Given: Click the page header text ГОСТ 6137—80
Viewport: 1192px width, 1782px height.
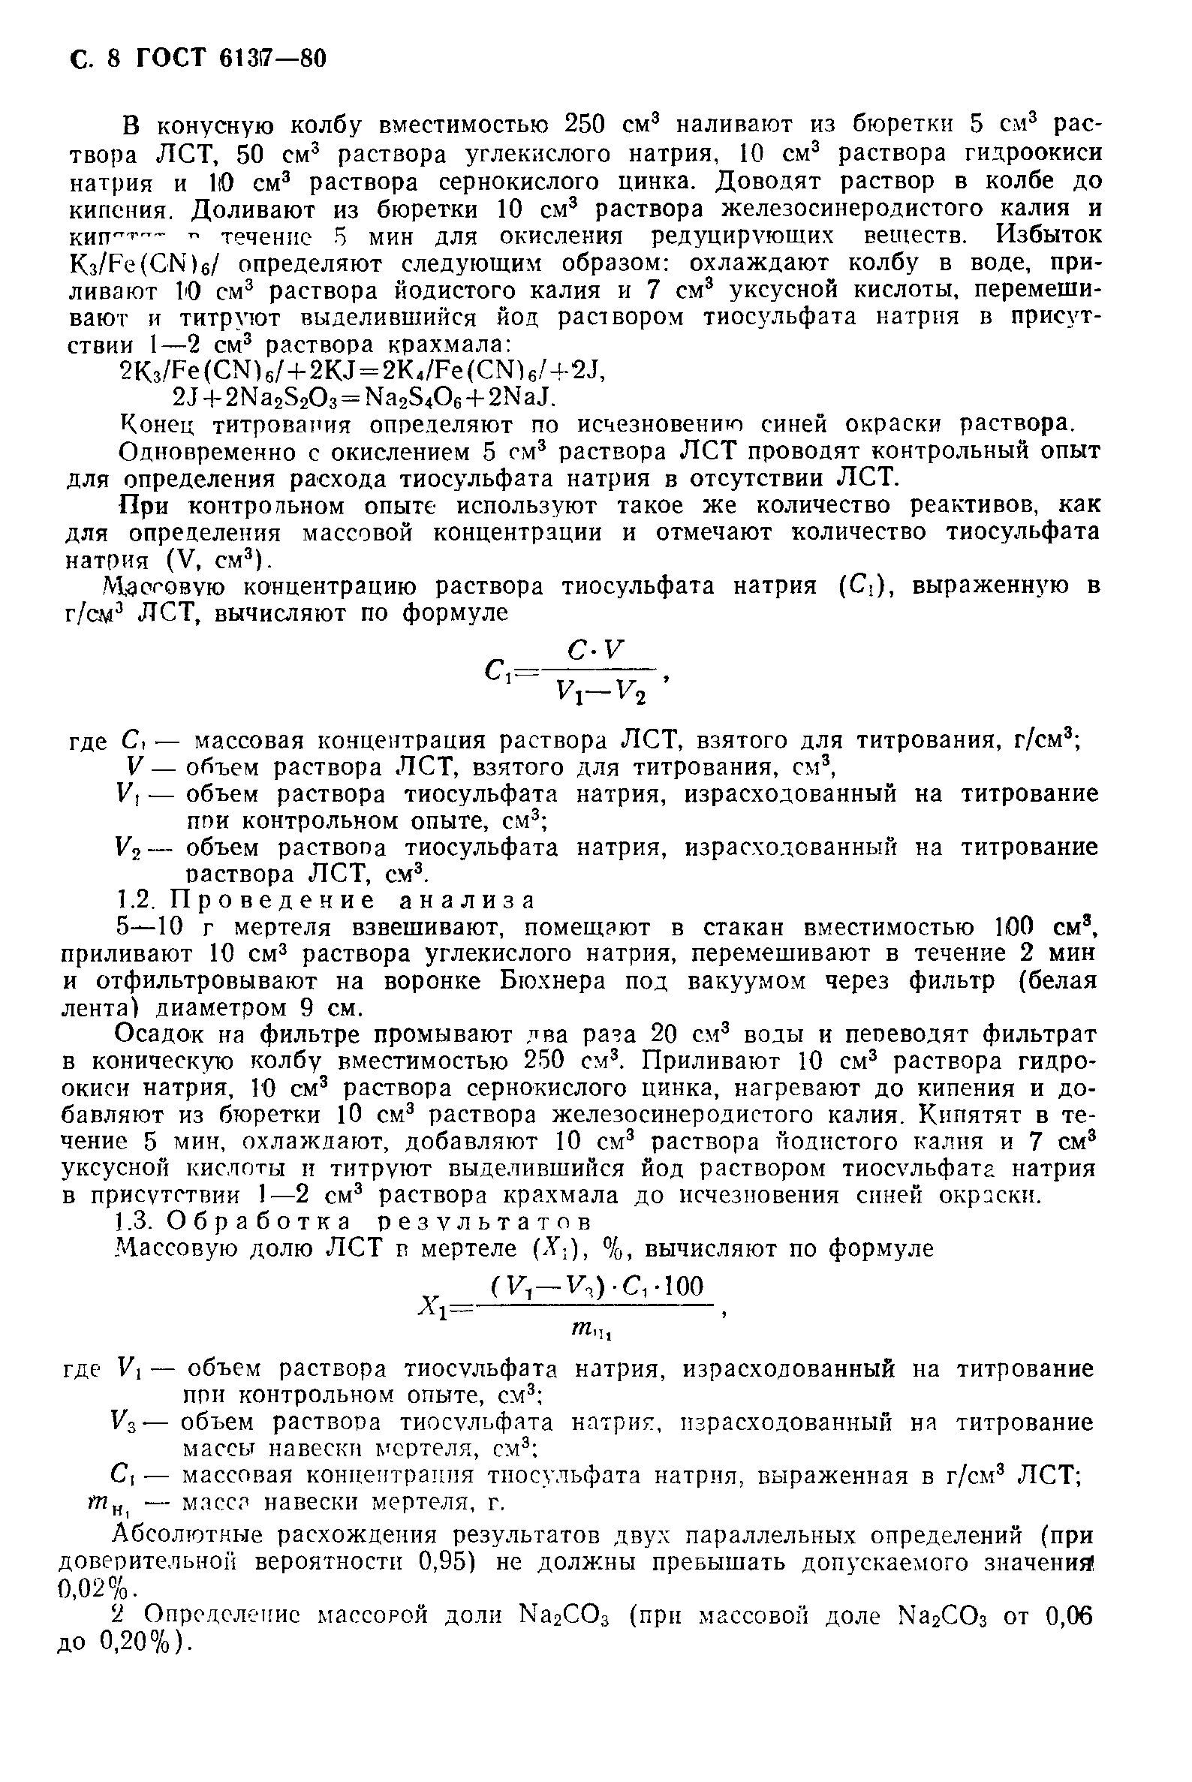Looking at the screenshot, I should coord(231,59).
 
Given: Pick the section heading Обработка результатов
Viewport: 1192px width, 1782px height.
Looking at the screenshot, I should coord(378,1222).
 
